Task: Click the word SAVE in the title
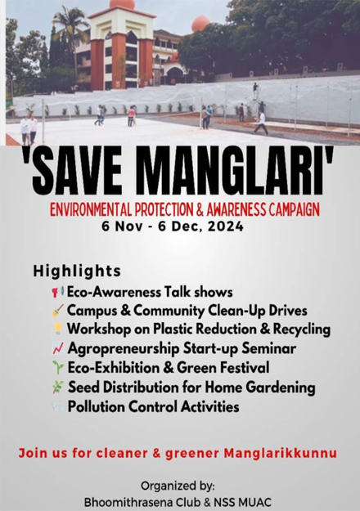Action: pos(77,171)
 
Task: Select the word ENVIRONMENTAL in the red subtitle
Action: pos(91,209)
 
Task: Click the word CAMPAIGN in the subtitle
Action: pos(294,209)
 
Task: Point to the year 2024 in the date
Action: pos(226,226)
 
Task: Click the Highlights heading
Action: pos(77,271)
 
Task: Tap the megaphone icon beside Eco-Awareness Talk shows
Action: pos(57,292)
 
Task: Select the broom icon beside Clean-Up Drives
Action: pos(57,311)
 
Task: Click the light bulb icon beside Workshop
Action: pos(58,329)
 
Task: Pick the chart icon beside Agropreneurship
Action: pos(58,348)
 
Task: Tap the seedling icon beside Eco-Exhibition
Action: pos(58,367)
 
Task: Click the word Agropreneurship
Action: pos(124,348)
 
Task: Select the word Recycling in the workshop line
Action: pos(302,329)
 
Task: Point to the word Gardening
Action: pos(281,388)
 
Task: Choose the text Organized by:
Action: pos(178,486)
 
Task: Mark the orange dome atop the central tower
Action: pos(122,4)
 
